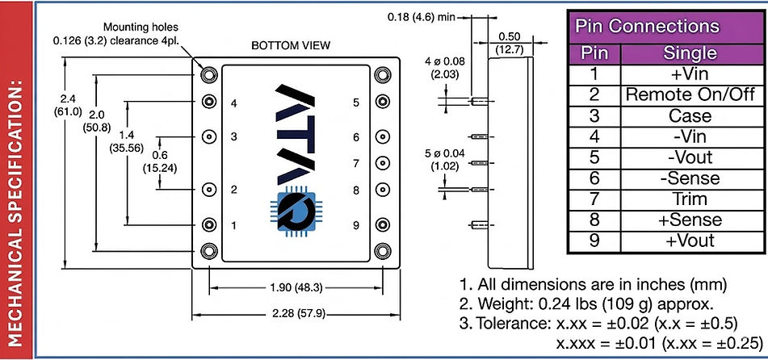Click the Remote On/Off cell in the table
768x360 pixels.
(x=690, y=94)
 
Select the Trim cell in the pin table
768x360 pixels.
(x=690, y=199)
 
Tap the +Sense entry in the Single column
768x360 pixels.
(x=690, y=220)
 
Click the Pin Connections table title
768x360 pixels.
(x=647, y=27)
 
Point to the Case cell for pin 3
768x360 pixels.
(x=690, y=115)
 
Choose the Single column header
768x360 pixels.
(x=690, y=53)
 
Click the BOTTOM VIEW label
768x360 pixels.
(x=291, y=46)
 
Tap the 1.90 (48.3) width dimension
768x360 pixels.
(x=296, y=288)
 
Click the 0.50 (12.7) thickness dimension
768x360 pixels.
(x=510, y=43)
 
